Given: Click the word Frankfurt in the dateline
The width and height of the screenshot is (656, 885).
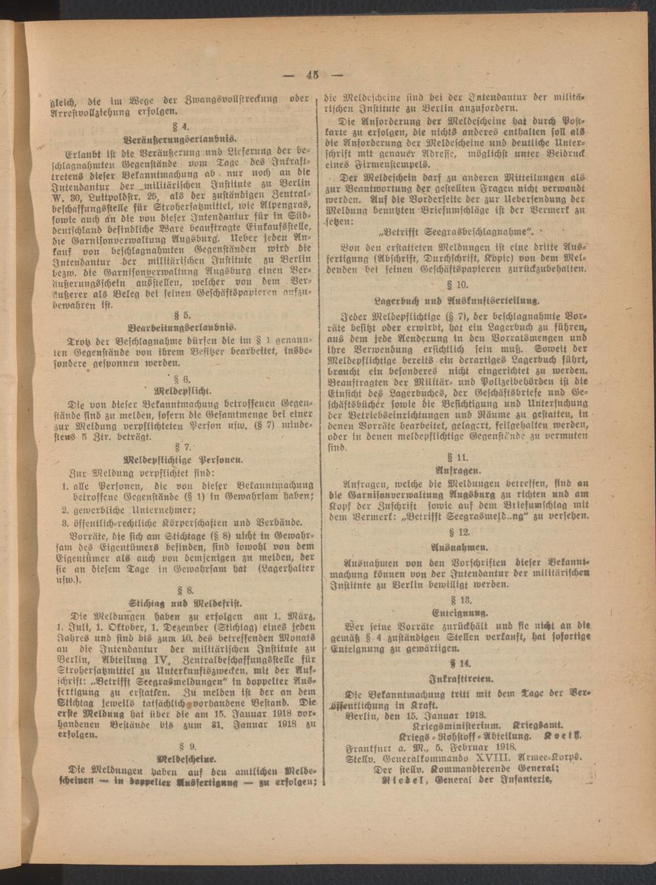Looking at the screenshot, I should (371, 747).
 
